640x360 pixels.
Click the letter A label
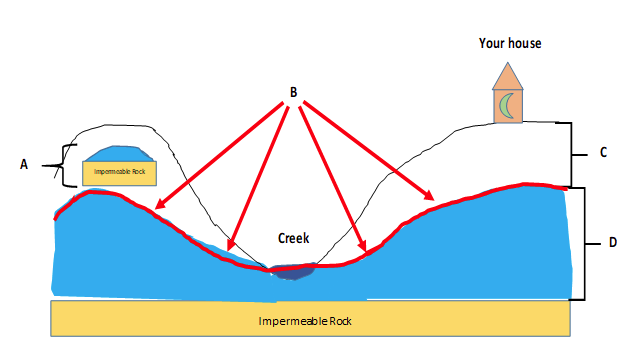(x=24, y=164)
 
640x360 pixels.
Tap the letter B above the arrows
(x=293, y=92)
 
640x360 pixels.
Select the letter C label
(x=603, y=152)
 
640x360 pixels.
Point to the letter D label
(x=613, y=242)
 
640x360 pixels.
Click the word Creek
(x=293, y=238)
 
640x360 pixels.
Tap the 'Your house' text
(x=510, y=43)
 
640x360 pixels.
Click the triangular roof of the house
(x=508, y=76)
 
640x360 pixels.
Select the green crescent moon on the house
(x=507, y=106)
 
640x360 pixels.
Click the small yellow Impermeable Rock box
(x=120, y=173)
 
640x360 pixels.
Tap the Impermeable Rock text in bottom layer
(x=305, y=321)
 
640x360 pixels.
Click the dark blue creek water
(x=292, y=271)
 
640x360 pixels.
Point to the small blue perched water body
(x=118, y=153)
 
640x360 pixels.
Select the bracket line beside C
(x=571, y=155)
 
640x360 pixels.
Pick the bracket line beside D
(x=584, y=244)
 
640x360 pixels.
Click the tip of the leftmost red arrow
(x=154, y=209)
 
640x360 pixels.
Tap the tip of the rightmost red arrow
(x=434, y=200)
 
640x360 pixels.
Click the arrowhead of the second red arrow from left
(x=228, y=251)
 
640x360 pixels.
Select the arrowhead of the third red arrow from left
(x=366, y=251)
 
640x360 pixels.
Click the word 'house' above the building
(x=524, y=43)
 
